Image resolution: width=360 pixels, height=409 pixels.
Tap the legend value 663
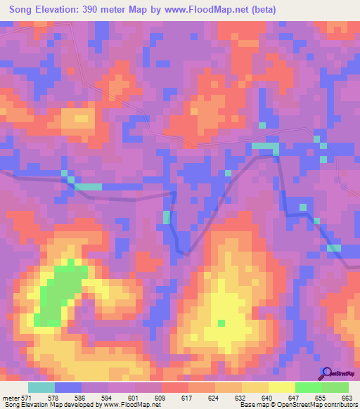[346, 397]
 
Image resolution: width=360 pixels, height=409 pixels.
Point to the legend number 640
[266, 397]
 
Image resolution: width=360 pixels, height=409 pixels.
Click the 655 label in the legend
[319, 397]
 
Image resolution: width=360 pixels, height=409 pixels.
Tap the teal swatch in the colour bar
[41, 387]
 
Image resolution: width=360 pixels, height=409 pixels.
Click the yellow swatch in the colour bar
[281, 387]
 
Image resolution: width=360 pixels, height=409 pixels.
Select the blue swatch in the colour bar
[68, 387]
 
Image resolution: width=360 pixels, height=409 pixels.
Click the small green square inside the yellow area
[221, 323]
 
